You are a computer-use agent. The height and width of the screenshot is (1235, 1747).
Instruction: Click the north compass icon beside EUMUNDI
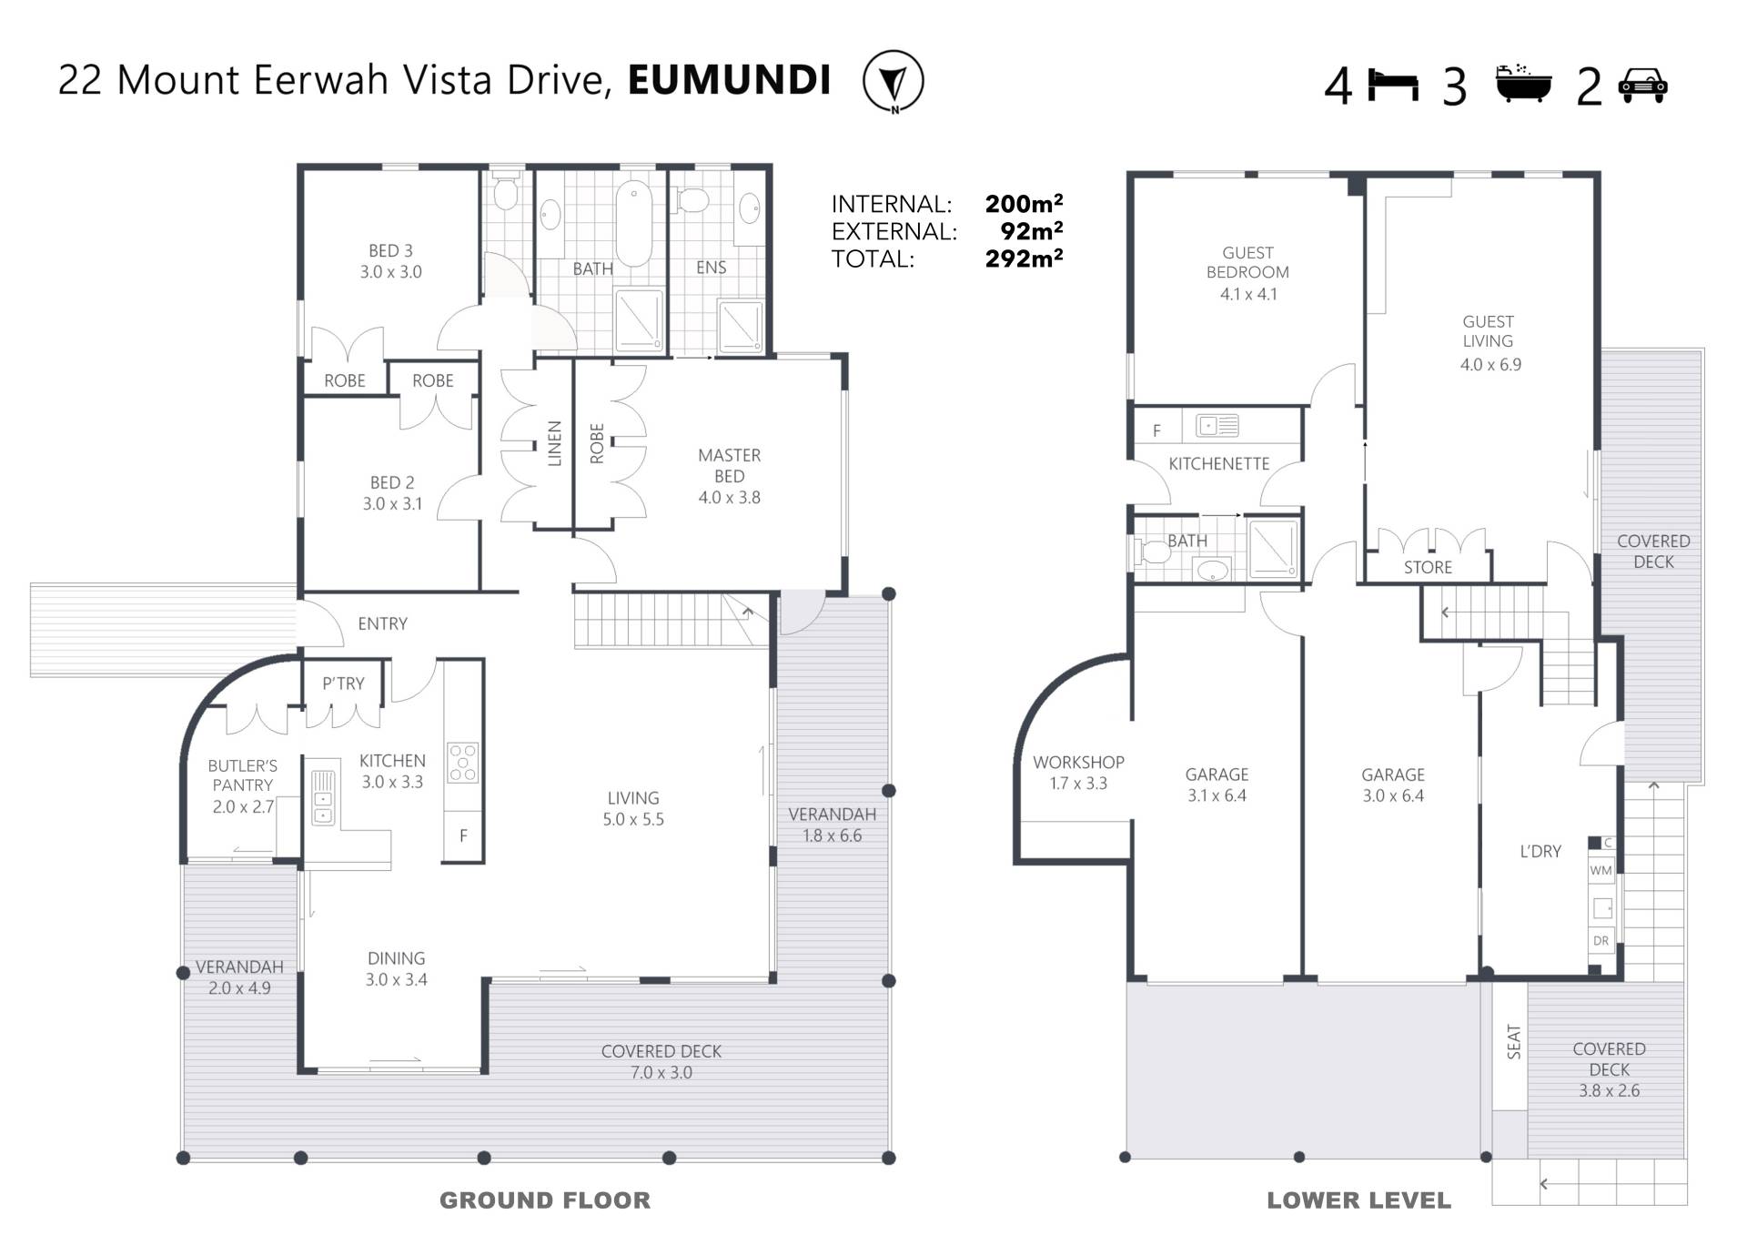tap(893, 81)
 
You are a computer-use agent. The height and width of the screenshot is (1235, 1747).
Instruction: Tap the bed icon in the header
tap(1393, 85)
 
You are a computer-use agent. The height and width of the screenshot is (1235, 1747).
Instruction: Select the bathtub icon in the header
tap(1523, 83)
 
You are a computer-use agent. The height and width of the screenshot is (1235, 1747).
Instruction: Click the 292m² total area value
tap(1024, 259)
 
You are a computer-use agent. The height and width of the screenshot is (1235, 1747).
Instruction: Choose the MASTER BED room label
tap(729, 465)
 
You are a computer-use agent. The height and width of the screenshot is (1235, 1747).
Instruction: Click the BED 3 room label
tap(390, 250)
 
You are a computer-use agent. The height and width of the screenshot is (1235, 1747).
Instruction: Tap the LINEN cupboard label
tap(554, 443)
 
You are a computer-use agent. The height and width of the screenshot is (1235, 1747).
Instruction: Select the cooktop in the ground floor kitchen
tap(462, 763)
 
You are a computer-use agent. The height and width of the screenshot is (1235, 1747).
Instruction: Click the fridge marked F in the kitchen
tap(463, 835)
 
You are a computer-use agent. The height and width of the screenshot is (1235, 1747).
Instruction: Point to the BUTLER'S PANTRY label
tap(242, 775)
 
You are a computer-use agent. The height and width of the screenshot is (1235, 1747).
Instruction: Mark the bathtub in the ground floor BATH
tap(633, 224)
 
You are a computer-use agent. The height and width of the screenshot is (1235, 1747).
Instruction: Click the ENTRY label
tap(382, 623)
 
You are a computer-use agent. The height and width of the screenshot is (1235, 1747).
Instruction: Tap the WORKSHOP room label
tap(1078, 762)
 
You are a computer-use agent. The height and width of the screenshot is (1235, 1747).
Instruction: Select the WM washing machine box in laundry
tap(1601, 870)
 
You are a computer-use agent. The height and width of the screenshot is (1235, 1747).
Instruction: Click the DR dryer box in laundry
tap(1601, 940)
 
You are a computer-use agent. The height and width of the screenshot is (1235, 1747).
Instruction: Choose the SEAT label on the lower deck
tap(1513, 1042)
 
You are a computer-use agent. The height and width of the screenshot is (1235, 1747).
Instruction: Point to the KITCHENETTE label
tap(1218, 464)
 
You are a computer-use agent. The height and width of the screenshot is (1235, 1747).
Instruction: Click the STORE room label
tap(1428, 567)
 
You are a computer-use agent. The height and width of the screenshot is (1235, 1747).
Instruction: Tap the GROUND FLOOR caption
tap(545, 1200)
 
